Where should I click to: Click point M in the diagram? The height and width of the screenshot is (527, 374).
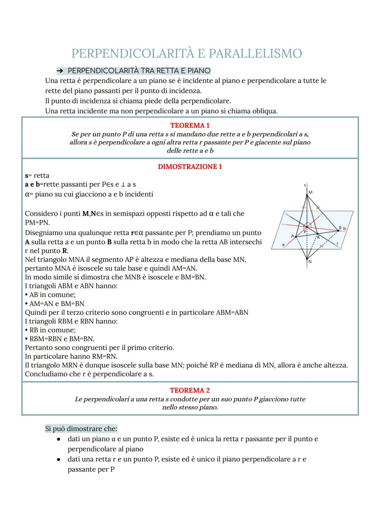tap(307, 196)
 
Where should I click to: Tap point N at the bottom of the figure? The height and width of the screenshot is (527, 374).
tap(307, 258)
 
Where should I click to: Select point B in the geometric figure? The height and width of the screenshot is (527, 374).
tap(338, 230)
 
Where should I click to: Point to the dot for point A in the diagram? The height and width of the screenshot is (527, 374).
tap(296, 237)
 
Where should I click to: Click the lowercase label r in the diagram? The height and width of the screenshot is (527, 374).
tap(337, 243)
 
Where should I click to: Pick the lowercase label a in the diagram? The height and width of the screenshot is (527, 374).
tap(283, 245)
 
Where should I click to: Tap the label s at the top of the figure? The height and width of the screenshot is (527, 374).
tap(304, 186)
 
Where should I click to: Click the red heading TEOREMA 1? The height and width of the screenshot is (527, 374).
tap(190, 125)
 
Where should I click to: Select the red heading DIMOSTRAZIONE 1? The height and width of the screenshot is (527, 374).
tap(190, 167)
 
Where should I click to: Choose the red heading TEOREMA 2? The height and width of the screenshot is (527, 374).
tap(190, 390)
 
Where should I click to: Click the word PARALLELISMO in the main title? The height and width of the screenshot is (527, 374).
tap(256, 54)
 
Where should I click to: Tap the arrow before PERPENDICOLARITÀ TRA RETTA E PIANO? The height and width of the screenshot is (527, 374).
tap(60, 71)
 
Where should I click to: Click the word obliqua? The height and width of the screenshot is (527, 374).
tap(265, 111)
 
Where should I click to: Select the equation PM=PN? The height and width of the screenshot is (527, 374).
tap(37, 223)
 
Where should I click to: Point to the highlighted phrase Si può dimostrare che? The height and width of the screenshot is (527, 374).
tap(81, 429)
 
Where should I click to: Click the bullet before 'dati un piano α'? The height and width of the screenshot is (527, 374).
tap(59, 439)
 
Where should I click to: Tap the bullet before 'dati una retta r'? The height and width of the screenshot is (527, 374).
tap(59, 460)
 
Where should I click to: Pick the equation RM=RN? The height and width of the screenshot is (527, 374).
tap(104, 356)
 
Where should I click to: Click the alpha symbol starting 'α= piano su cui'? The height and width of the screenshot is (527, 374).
tap(27, 194)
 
